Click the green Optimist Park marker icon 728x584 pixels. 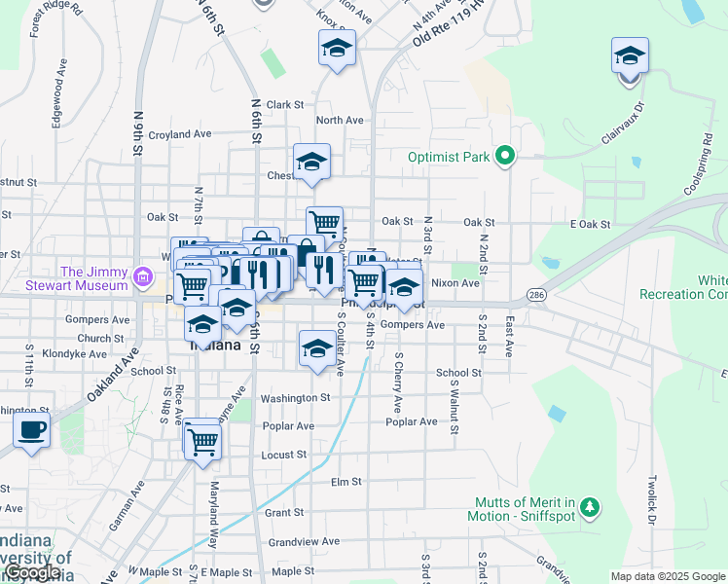coord(504,156)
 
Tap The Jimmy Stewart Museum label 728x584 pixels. coord(94,278)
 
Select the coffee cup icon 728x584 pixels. coord(31,429)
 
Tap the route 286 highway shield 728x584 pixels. coord(536,292)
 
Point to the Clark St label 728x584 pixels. coord(286,105)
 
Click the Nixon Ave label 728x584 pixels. coord(455,283)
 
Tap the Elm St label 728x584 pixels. coord(346,482)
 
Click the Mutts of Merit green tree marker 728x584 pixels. coord(588,505)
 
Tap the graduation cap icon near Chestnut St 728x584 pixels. coord(311,163)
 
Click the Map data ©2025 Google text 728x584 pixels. coord(666,576)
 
